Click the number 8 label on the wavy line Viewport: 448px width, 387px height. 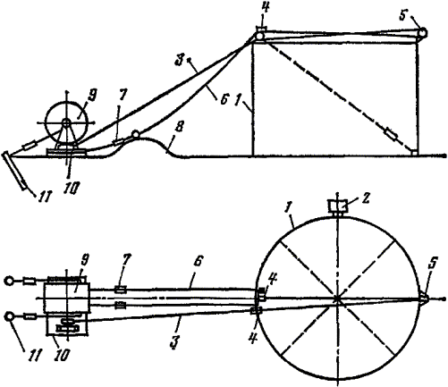tap(180, 128)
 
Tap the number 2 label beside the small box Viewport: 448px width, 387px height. tap(366, 198)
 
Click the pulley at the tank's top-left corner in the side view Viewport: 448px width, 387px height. tap(259, 37)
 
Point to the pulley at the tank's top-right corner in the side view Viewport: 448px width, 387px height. tap(422, 32)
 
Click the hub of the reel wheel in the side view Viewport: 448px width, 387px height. tap(66, 122)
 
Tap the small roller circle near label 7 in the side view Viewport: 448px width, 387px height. tap(136, 134)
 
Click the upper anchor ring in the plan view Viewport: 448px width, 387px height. tap(9, 281)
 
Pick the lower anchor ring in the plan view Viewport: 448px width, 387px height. tap(9, 316)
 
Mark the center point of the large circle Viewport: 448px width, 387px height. tap(337, 299)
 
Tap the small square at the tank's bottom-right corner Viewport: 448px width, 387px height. tap(414, 153)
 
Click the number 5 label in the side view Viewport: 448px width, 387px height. tap(403, 16)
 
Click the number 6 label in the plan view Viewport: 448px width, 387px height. tap(198, 262)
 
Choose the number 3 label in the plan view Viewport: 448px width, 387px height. tap(174, 341)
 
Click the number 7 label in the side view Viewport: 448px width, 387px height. tap(123, 97)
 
